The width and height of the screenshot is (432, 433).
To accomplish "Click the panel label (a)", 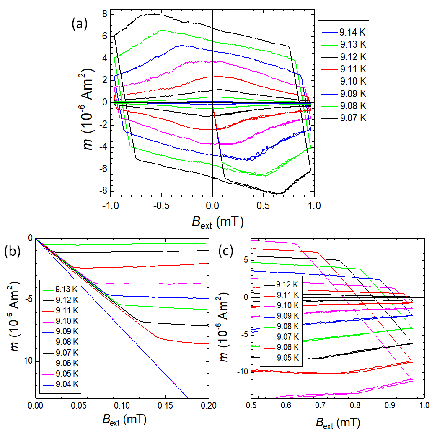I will pyautogui.click(x=80, y=24).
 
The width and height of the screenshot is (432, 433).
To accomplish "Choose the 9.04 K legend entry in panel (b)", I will pyautogui.click(x=67, y=384).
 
